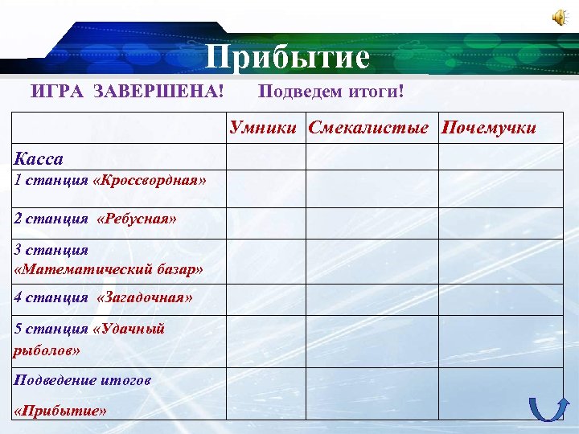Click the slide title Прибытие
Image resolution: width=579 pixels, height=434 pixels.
tap(287, 58)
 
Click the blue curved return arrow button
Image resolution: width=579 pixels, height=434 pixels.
tap(547, 410)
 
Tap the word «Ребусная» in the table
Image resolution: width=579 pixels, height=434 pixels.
tap(136, 218)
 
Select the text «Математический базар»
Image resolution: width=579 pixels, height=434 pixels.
tap(109, 269)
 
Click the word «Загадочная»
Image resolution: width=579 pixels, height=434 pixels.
tap(144, 297)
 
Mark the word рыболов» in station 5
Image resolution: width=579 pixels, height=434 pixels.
tap(47, 350)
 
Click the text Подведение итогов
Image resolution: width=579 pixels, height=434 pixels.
tap(83, 379)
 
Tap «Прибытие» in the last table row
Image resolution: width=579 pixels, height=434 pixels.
tap(60, 411)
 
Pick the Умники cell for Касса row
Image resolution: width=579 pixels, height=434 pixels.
tap(265, 156)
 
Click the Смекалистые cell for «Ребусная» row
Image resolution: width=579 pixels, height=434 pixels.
tap(371, 223)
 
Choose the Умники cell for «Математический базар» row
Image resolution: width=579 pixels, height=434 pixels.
tap(265, 261)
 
